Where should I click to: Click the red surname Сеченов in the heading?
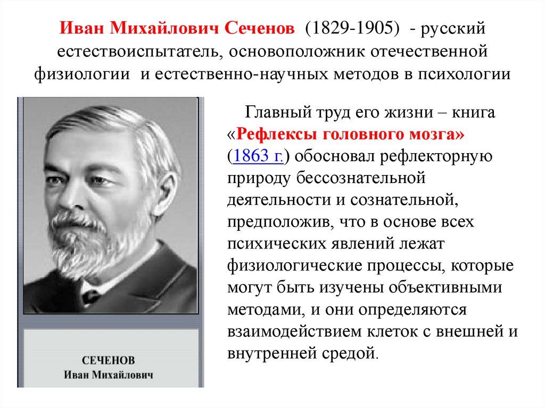pyautogui.click(x=259, y=28)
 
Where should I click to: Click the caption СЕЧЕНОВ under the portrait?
pyautogui.click(x=109, y=360)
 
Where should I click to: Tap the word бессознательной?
pyautogui.click(x=361, y=178)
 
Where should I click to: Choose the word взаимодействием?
pyautogui.click(x=295, y=331)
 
